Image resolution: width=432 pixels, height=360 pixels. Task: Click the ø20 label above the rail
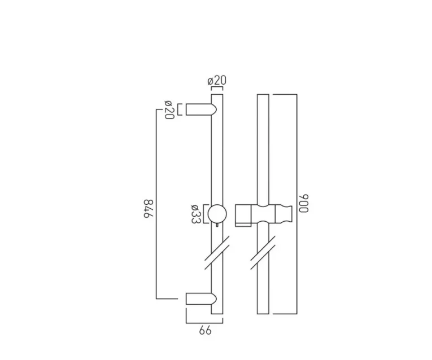[217, 80]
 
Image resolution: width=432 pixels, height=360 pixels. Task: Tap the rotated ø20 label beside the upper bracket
[168, 109]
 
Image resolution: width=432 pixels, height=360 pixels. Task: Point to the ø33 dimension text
[194, 214]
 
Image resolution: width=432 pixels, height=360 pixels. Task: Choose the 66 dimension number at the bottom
[206, 330]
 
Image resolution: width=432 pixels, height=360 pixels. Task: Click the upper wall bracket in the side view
[198, 109]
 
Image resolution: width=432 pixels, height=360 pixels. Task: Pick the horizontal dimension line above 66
[204, 322]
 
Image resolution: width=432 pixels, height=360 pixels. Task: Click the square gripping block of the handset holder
[243, 214]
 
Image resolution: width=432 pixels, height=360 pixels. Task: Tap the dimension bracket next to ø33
[204, 214]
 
